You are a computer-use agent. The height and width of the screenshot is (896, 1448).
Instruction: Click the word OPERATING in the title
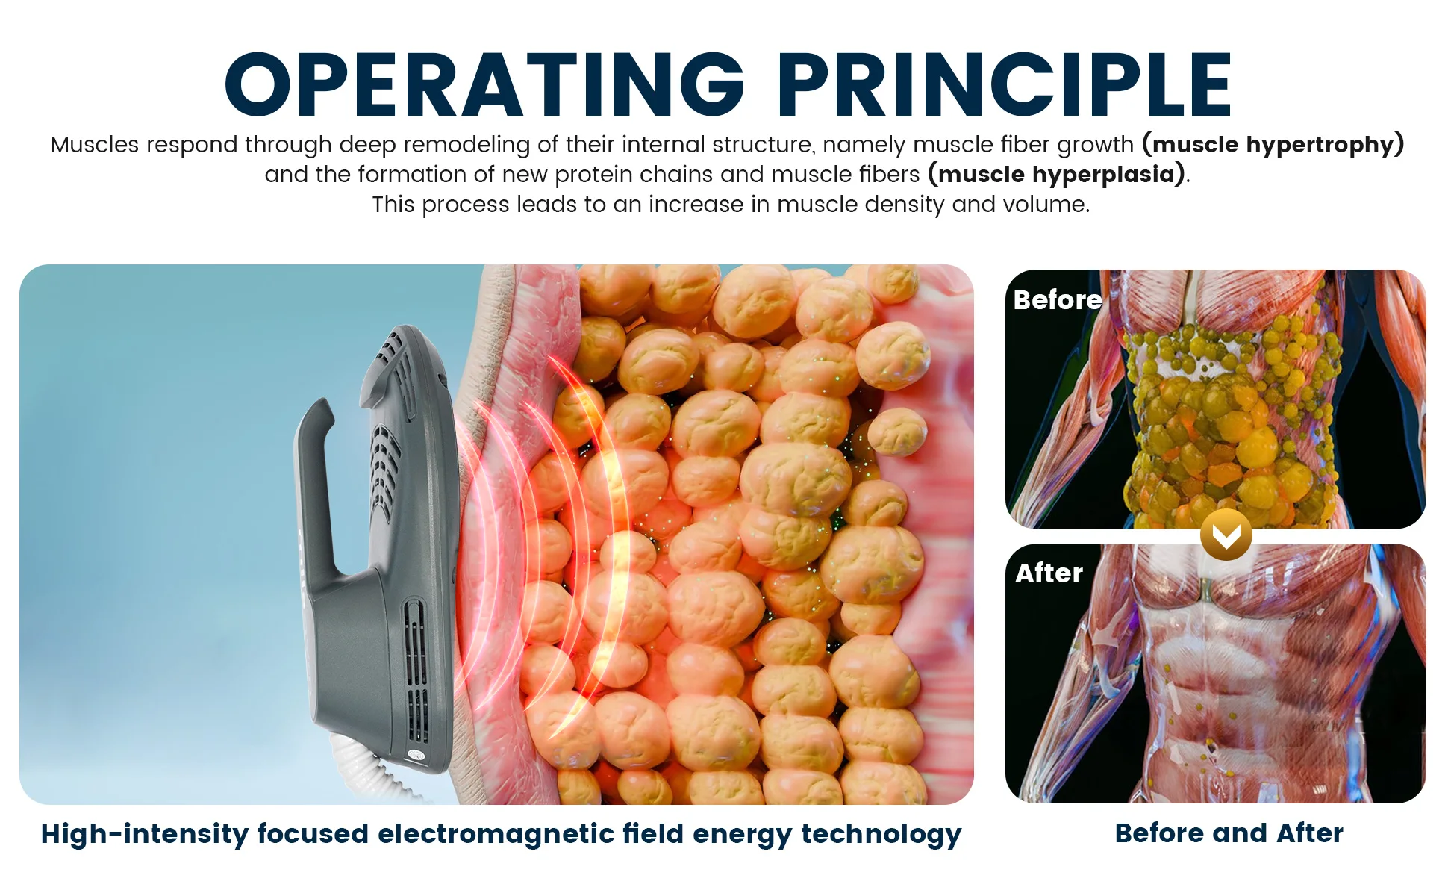click(485, 85)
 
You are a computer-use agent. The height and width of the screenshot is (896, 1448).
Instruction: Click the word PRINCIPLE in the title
click(1005, 85)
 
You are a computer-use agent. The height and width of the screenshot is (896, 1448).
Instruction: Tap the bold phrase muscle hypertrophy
click(1273, 144)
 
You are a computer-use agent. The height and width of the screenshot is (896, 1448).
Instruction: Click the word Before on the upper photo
click(1058, 299)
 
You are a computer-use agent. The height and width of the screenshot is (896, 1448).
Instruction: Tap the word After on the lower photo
click(1049, 573)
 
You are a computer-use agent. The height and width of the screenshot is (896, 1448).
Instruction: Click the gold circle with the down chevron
click(1226, 535)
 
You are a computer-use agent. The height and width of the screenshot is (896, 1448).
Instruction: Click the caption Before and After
click(1229, 833)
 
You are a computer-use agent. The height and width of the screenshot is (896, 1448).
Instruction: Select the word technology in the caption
click(881, 835)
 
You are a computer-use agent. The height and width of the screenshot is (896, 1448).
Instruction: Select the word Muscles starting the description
click(95, 144)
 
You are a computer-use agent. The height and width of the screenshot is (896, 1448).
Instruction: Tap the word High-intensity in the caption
click(145, 835)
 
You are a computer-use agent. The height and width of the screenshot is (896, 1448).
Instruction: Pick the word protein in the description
click(593, 175)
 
